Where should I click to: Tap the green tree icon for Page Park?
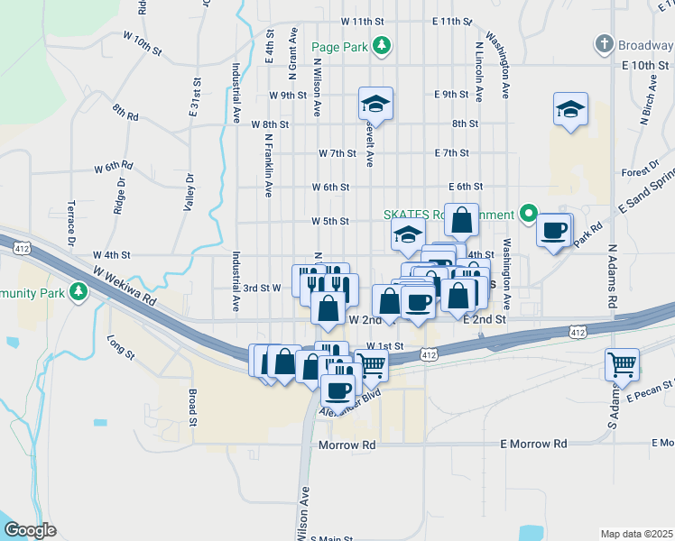382,45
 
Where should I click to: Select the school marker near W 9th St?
374,105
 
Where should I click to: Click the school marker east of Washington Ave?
570,110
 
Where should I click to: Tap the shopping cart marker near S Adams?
622,365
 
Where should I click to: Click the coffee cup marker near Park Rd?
553,230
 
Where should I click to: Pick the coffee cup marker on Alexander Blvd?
338,390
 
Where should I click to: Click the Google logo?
30,529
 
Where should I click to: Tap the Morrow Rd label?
347,445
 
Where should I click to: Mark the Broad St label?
192,407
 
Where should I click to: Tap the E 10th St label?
644,66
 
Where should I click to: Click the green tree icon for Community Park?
79,291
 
